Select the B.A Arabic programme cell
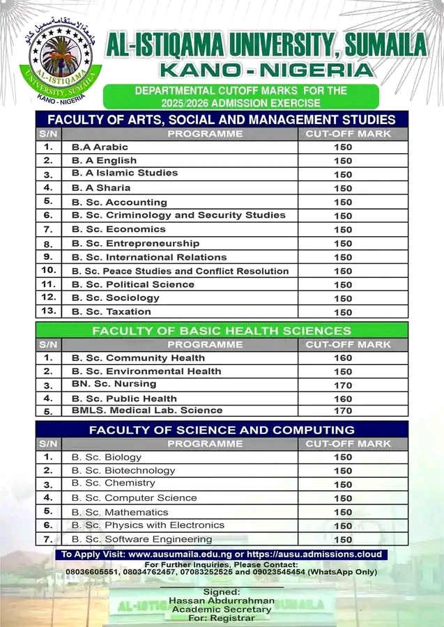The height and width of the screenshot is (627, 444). (x=100, y=147)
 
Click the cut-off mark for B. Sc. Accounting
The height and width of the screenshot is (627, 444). (x=343, y=202)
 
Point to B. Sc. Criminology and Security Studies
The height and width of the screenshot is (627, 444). (x=178, y=215)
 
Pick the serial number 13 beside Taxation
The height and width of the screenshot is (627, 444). (x=48, y=311)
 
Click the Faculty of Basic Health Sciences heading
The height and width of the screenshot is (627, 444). (x=222, y=330)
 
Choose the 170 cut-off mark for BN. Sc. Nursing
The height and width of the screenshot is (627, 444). (x=343, y=385)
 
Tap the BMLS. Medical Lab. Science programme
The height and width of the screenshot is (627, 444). (x=147, y=410)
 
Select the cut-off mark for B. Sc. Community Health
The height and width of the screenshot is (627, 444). (x=343, y=358)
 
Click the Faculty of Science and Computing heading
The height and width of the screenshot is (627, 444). (x=222, y=430)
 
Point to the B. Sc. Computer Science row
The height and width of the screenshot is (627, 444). (x=134, y=498)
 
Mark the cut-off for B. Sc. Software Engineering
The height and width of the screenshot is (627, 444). (x=343, y=539)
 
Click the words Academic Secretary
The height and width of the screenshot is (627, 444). (x=222, y=610)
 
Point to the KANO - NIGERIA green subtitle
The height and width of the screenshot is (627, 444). (x=266, y=70)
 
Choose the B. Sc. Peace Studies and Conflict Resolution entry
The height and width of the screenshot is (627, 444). (x=180, y=271)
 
